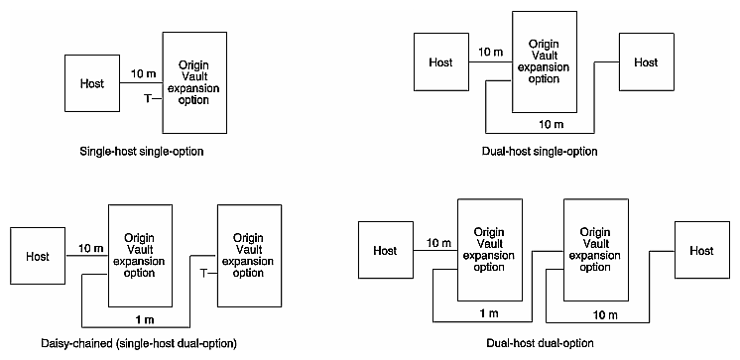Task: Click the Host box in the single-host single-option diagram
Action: pyautogui.click(x=91, y=82)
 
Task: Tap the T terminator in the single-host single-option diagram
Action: pyautogui.click(x=148, y=97)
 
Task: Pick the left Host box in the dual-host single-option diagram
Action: pyautogui.click(x=439, y=62)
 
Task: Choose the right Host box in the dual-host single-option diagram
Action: pyautogui.click(x=646, y=62)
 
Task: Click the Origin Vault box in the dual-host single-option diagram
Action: pyautogui.click(x=544, y=62)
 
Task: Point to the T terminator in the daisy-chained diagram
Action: pyautogui.click(x=202, y=272)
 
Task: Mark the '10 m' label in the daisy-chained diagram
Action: pyautogui.click(x=88, y=246)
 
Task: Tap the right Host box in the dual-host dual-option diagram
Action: pyautogui.click(x=701, y=251)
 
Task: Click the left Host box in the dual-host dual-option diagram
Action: pyautogui.click(x=385, y=251)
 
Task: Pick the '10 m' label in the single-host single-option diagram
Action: pyautogui.click(x=142, y=72)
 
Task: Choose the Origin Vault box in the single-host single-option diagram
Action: pyautogui.click(x=193, y=82)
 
